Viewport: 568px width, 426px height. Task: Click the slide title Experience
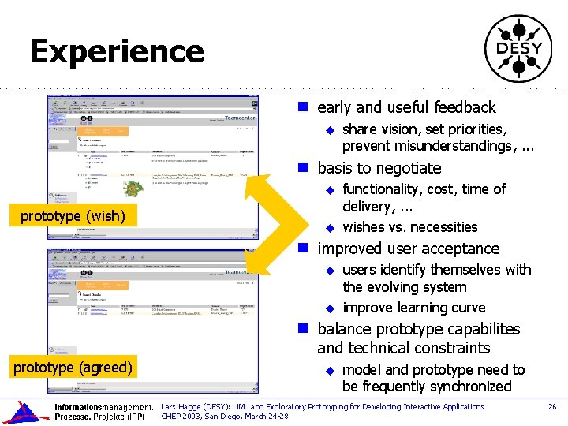pyautogui.click(x=117, y=52)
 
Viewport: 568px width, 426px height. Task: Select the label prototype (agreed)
pyautogui.click(x=73, y=366)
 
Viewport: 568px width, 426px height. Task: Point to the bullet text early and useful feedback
pyautogui.click(x=406, y=107)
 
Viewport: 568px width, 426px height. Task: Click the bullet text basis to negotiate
pyautogui.click(x=379, y=168)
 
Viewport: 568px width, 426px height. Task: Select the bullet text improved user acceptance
pyautogui.click(x=408, y=248)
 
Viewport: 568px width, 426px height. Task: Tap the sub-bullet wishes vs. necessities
pyautogui.click(x=409, y=227)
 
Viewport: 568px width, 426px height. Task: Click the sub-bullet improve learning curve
pyautogui.click(x=413, y=308)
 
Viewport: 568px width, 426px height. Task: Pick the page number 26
pyautogui.click(x=552, y=407)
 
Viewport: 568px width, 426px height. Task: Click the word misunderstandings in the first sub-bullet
pyautogui.click(x=426, y=146)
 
